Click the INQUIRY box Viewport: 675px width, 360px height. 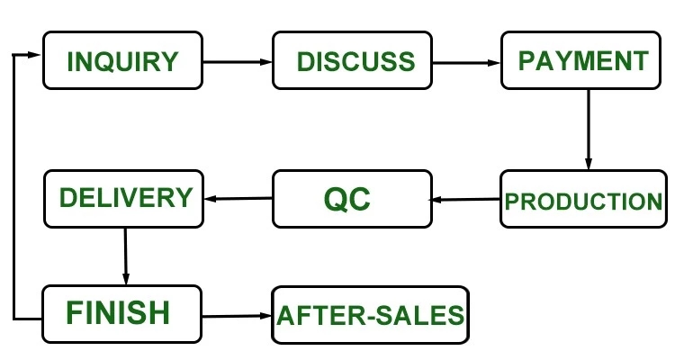(x=122, y=60)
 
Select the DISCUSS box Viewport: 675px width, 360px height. (x=352, y=60)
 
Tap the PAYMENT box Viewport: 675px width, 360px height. (x=580, y=60)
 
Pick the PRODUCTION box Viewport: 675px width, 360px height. (x=583, y=199)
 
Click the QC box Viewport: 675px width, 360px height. (x=352, y=199)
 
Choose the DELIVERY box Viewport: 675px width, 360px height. (x=123, y=199)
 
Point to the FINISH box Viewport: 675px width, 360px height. (x=121, y=314)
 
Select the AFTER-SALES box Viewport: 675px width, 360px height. (x=370, y=315)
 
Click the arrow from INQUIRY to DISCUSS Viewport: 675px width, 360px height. (x=238, y=62)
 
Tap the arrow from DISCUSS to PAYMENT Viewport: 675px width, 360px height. (x=466, y=63)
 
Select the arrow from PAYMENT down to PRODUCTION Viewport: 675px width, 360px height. (x=589, y=130)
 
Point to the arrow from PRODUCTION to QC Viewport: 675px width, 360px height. (x=465, y=200)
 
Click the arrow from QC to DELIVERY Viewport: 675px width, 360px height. (x=238, y=199)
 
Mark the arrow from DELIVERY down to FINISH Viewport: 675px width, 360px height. (x=125, y=256)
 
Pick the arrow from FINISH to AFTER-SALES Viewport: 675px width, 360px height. (x=237, y=317)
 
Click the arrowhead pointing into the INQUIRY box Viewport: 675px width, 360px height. (x=33, y=55)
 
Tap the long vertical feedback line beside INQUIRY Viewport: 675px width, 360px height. (x=13, y=187)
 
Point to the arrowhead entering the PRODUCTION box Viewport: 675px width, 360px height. (x=589, y=164)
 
